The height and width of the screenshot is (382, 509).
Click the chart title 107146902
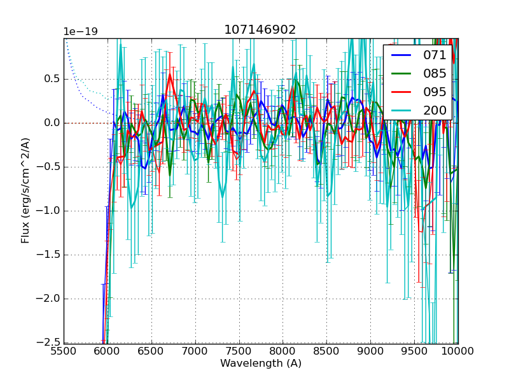point(260,30)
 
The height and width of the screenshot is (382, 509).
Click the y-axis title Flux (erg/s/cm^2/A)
point(25,190)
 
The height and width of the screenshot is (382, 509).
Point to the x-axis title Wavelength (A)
point(261,364)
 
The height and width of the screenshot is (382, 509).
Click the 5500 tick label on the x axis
point(64,351)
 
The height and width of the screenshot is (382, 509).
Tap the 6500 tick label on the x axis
point(151,351)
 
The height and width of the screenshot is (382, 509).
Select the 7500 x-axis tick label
point(239,351)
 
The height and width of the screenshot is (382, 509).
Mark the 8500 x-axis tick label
point(327,351)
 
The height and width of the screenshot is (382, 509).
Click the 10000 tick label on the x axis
point(457,351)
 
